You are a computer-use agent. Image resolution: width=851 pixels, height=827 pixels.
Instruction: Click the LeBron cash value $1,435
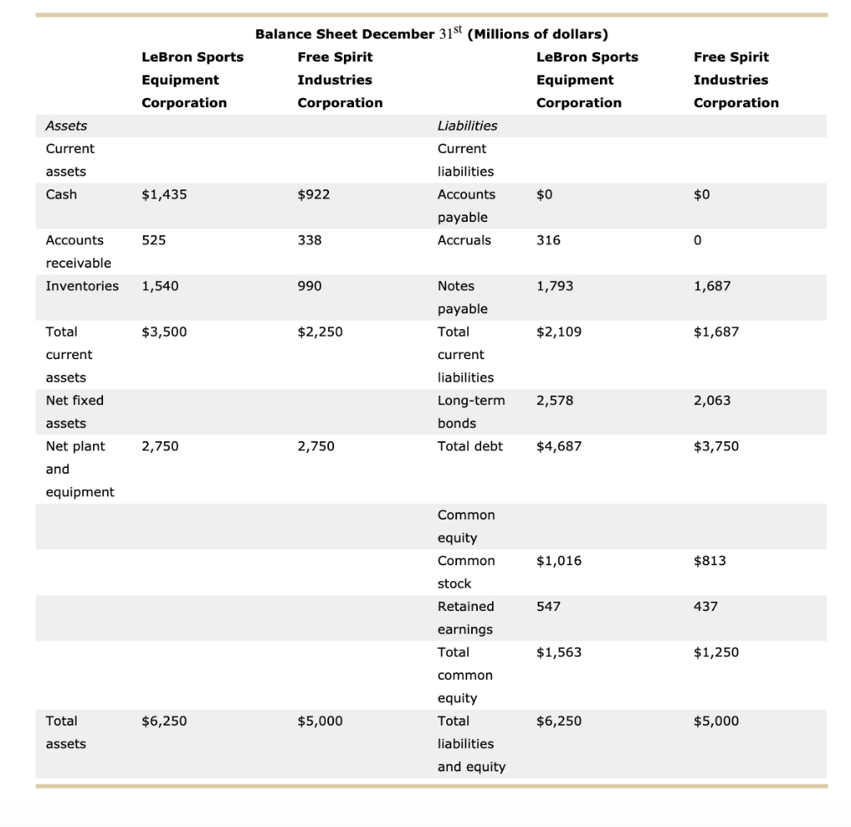(164, 194)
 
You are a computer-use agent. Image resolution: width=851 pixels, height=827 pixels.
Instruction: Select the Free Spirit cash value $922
(313, 194)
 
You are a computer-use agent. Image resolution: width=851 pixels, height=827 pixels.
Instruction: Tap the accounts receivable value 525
(154, 240)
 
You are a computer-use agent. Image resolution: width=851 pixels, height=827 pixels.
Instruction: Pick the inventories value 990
(309, 286)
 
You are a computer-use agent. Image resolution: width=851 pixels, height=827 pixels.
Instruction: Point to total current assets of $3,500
(164, 332)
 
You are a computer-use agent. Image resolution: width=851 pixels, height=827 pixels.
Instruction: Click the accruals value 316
(548, 240)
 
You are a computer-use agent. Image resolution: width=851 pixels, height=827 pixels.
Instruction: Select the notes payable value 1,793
(554, 286)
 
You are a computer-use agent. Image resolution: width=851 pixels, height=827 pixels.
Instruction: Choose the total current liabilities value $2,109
(558, 332)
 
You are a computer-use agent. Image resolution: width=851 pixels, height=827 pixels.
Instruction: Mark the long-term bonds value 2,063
(711, 401)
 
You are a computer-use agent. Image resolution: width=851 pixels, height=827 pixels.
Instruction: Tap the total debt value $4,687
(558, 446)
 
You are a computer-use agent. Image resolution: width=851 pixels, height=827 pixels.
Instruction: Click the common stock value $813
(709, 561)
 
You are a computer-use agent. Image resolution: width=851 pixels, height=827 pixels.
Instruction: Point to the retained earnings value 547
(548, 607)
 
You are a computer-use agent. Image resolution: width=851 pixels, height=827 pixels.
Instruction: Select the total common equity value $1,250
(716, 652)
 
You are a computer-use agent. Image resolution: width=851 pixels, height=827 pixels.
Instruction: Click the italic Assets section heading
(66, 126)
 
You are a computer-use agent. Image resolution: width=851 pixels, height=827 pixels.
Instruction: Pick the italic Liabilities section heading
(467, 126)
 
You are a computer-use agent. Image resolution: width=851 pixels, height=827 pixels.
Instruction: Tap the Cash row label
(61, 194)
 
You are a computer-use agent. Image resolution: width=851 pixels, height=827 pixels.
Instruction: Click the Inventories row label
(81, 286)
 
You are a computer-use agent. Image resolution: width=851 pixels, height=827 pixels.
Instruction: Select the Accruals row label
(464, 240)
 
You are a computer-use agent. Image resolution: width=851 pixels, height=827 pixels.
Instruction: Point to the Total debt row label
(470, 446)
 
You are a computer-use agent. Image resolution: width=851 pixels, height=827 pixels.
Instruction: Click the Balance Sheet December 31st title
(431, 34)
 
